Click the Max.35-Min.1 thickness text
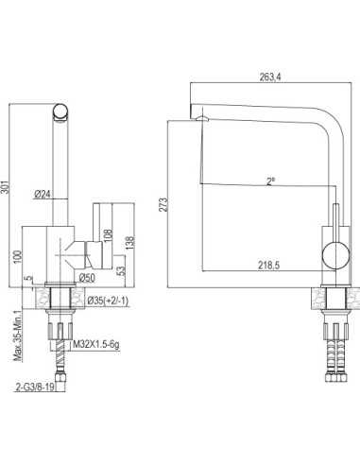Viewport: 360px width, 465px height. (x=17, y=334)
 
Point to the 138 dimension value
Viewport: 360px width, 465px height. (x=130, y=242)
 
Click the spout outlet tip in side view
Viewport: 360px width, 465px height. (x=199, y=117)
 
